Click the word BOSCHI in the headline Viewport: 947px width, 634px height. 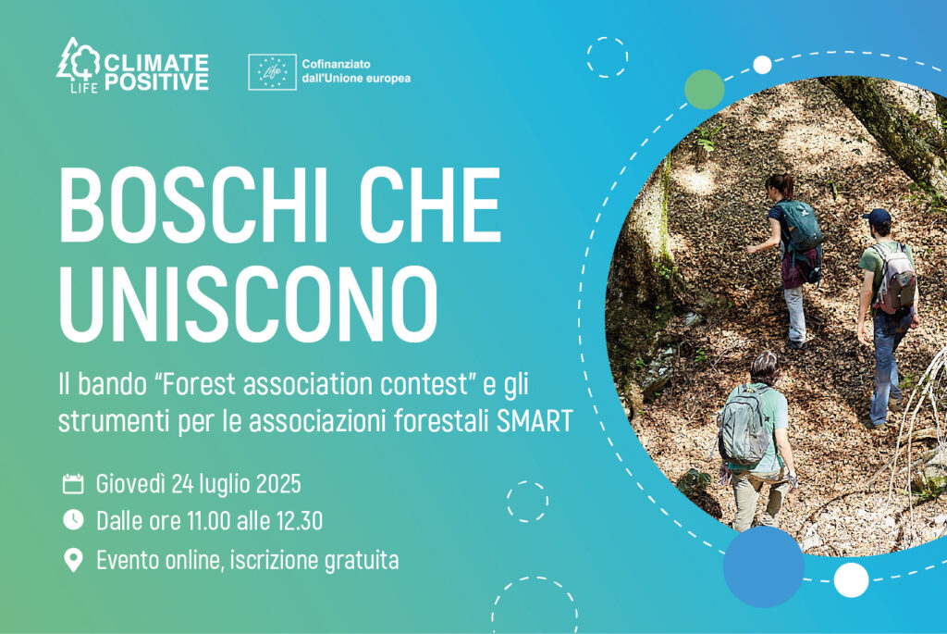[194, 205]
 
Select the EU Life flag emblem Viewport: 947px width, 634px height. [273, 72]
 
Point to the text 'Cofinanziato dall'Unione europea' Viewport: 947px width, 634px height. [356, 71]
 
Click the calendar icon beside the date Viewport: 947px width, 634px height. [73, 483]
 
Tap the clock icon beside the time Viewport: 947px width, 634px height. [73, 520]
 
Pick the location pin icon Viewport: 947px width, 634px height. [73, 560]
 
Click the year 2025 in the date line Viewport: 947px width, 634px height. [278, 483]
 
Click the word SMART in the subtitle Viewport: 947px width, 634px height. [535, 421]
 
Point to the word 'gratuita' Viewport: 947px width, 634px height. [362, 561]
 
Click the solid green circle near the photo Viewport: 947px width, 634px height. [704, 90]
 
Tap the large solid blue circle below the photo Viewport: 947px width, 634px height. [763, 566]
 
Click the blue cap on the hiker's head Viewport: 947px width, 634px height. [877, 216]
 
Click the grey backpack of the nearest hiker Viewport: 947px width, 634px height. [744, 426]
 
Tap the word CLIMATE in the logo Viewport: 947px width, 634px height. [156, 63]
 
